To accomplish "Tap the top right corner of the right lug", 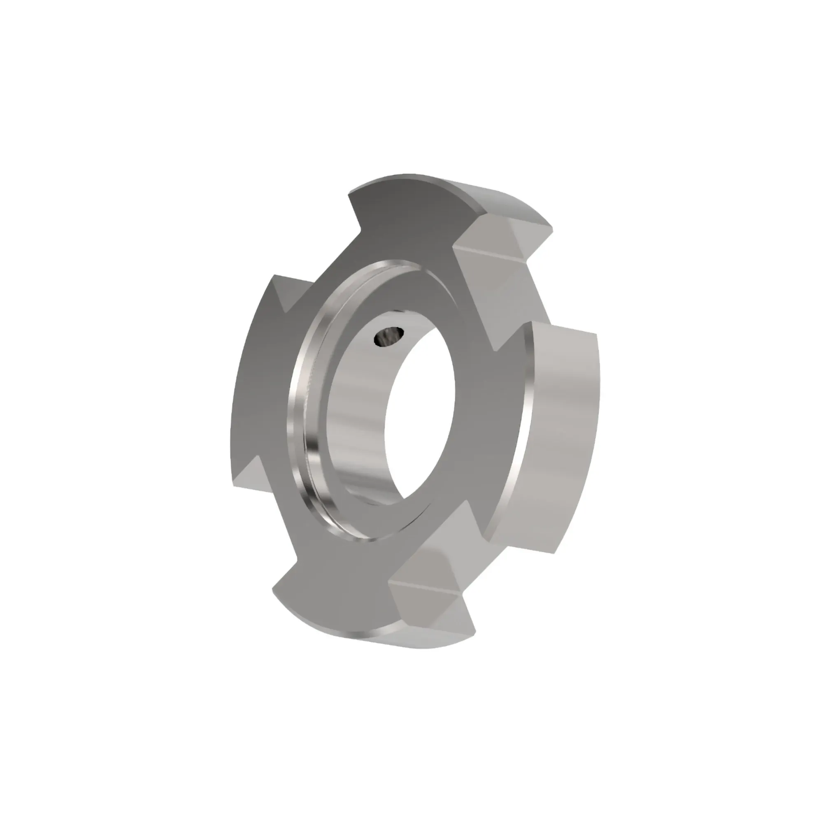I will tap(595, 334).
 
